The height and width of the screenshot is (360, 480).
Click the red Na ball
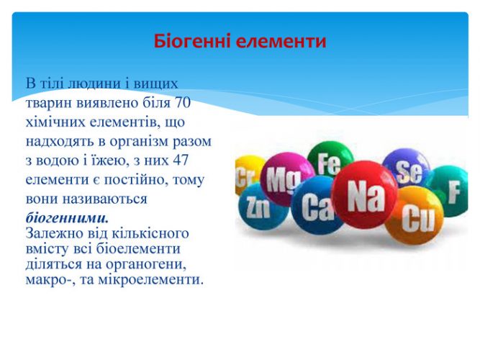(364, 194)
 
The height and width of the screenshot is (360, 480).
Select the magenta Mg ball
(286, 179)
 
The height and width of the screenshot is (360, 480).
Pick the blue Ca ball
(315, 204)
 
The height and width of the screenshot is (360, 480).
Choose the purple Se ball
(406, 168)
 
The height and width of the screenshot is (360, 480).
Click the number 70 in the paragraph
(183, 103)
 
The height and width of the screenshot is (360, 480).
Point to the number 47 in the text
(181, 161)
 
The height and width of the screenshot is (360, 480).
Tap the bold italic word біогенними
(67, 218)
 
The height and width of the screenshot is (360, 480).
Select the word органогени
(146, 264)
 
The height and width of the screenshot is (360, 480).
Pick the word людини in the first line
(95, 84)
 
